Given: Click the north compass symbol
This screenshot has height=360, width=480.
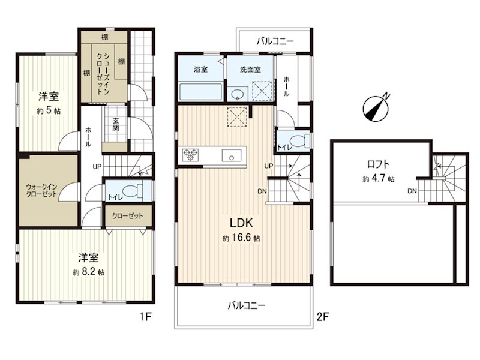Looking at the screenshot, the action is [x=376, y=108].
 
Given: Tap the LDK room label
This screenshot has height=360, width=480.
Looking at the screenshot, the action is [x=241, y=223].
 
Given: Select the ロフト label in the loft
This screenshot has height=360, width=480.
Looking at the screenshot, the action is [x=379, y=164].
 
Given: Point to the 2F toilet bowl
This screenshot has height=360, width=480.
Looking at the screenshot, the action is [x=299, y=141].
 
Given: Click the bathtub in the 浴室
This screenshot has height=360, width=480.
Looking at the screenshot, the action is [x=201, y=92].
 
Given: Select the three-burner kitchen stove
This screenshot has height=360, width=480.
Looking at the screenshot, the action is [x=190, y=155].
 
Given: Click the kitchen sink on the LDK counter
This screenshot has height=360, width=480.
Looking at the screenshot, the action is [x=232, y=155].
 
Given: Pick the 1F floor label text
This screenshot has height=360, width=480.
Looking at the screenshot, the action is [x=146, y=317].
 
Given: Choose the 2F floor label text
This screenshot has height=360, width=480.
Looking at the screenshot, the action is [x=322, y=317].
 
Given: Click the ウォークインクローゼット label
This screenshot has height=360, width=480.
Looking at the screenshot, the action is [x=41, y=190].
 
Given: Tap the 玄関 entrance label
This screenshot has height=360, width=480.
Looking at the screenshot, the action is [x=115, y=124].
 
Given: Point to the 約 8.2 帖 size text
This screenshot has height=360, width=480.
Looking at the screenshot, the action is [x=88, y=272].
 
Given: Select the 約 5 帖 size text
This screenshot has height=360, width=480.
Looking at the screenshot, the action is [x=49, y=111].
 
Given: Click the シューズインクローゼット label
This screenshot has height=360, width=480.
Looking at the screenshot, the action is [x=103, y=73].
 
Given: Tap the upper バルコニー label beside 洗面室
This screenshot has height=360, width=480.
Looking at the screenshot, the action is [x=275, y=41].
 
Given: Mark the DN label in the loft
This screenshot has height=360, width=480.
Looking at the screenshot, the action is [x=412, y=191].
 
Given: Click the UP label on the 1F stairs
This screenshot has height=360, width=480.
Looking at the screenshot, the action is [x=97, y=167].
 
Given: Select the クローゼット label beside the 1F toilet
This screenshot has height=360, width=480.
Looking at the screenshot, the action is [x=128, y=216].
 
